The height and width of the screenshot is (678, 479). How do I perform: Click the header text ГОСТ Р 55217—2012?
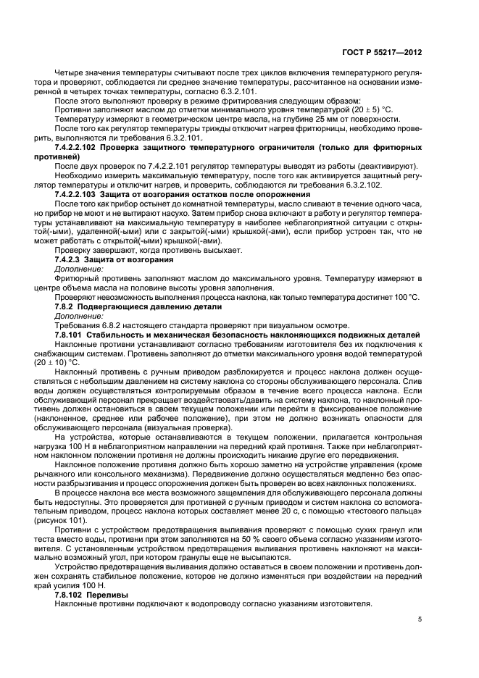coord(391,53)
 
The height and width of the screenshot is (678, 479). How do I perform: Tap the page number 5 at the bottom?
coord(420,619)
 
